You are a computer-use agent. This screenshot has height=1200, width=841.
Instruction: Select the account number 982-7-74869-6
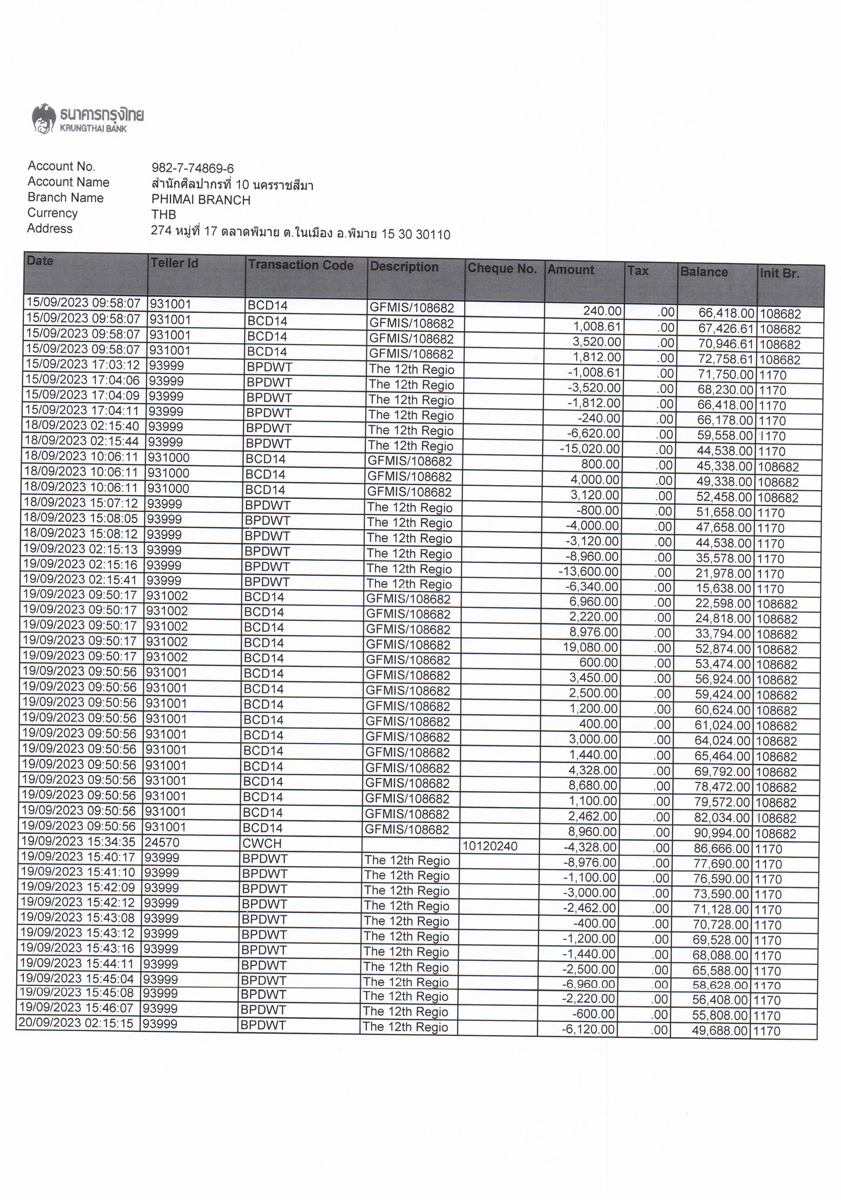pos(192,168)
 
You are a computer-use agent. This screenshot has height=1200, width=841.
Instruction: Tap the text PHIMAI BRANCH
pos(201,200)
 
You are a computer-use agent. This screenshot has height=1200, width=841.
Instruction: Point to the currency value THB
pos(164,214)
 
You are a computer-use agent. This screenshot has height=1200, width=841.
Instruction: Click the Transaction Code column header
pos(301,265)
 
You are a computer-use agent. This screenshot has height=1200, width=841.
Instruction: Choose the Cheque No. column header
pos(502,268)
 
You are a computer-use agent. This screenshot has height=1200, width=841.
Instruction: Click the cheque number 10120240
pos(490,846)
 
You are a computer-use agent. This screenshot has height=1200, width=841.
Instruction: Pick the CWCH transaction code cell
pos(262,844)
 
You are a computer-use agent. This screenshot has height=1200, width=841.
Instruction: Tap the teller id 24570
pos(162,842)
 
